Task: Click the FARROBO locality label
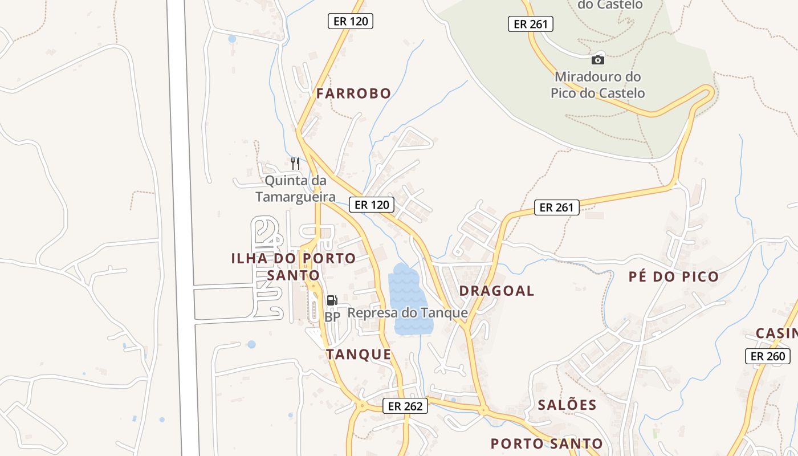point(354,93)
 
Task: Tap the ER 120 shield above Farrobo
point(351,22)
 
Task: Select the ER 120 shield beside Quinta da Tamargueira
point(372,205)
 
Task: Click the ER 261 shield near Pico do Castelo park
point(531,24)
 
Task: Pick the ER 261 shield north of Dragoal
point(556,207)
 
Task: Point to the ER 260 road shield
point(768,356)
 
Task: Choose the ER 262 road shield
point(405,406)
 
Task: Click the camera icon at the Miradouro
point(597,60)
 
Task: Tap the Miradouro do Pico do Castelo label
point(597,85)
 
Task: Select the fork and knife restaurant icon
point(295,164)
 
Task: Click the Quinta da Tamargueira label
point(295,189)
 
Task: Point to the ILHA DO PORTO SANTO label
point(294,267)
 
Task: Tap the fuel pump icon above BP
point(332,300)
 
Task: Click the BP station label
point(332,316)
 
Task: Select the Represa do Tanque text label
point(408,313)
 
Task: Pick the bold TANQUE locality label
point(359,355)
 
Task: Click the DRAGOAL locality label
point(496,291)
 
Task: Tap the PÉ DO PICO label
point(673,277)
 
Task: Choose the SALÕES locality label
point(567,405)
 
